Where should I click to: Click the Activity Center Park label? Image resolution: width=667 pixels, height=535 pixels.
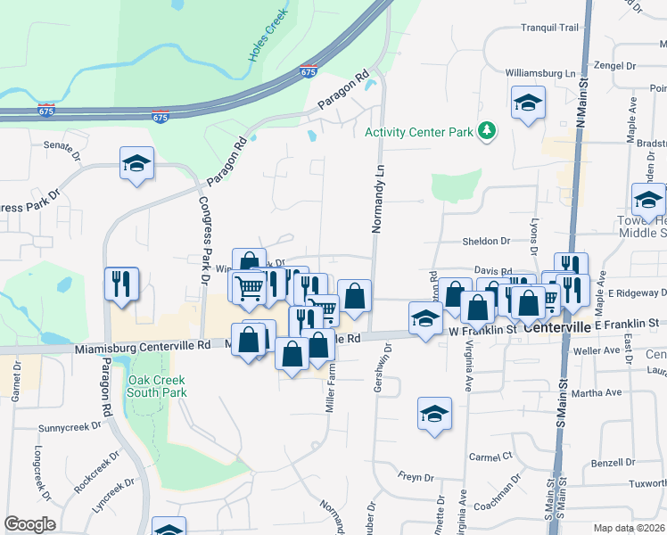tap(418, 133)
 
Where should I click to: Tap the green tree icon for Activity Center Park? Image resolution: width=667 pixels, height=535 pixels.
tap(486, 132)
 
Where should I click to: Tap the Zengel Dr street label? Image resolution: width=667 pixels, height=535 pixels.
tap(614, 66)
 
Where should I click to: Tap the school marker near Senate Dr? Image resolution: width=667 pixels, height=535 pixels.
tap(137, 163)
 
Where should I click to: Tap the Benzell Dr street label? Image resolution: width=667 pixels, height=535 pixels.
tap(612, 464)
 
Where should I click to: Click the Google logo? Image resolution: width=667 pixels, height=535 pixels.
tap(30, 524)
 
